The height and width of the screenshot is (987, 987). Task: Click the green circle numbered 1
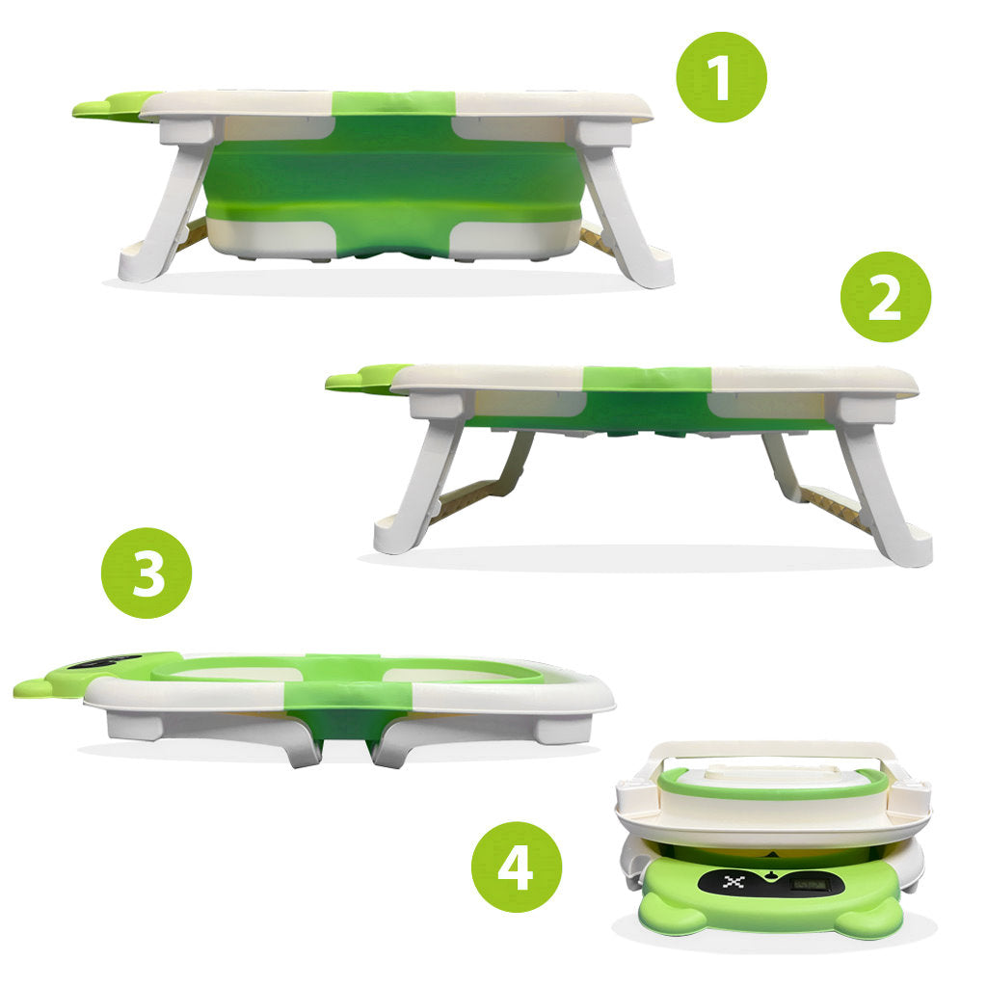pos(721,77)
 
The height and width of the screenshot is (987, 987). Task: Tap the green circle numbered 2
pos(886,297)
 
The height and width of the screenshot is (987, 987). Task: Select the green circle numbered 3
pos(147,573)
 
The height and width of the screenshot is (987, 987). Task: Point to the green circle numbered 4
pos(516,867)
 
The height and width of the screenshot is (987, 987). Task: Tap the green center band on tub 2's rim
pos(647,378)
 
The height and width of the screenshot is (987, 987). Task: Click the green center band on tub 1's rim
pos(393,102)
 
